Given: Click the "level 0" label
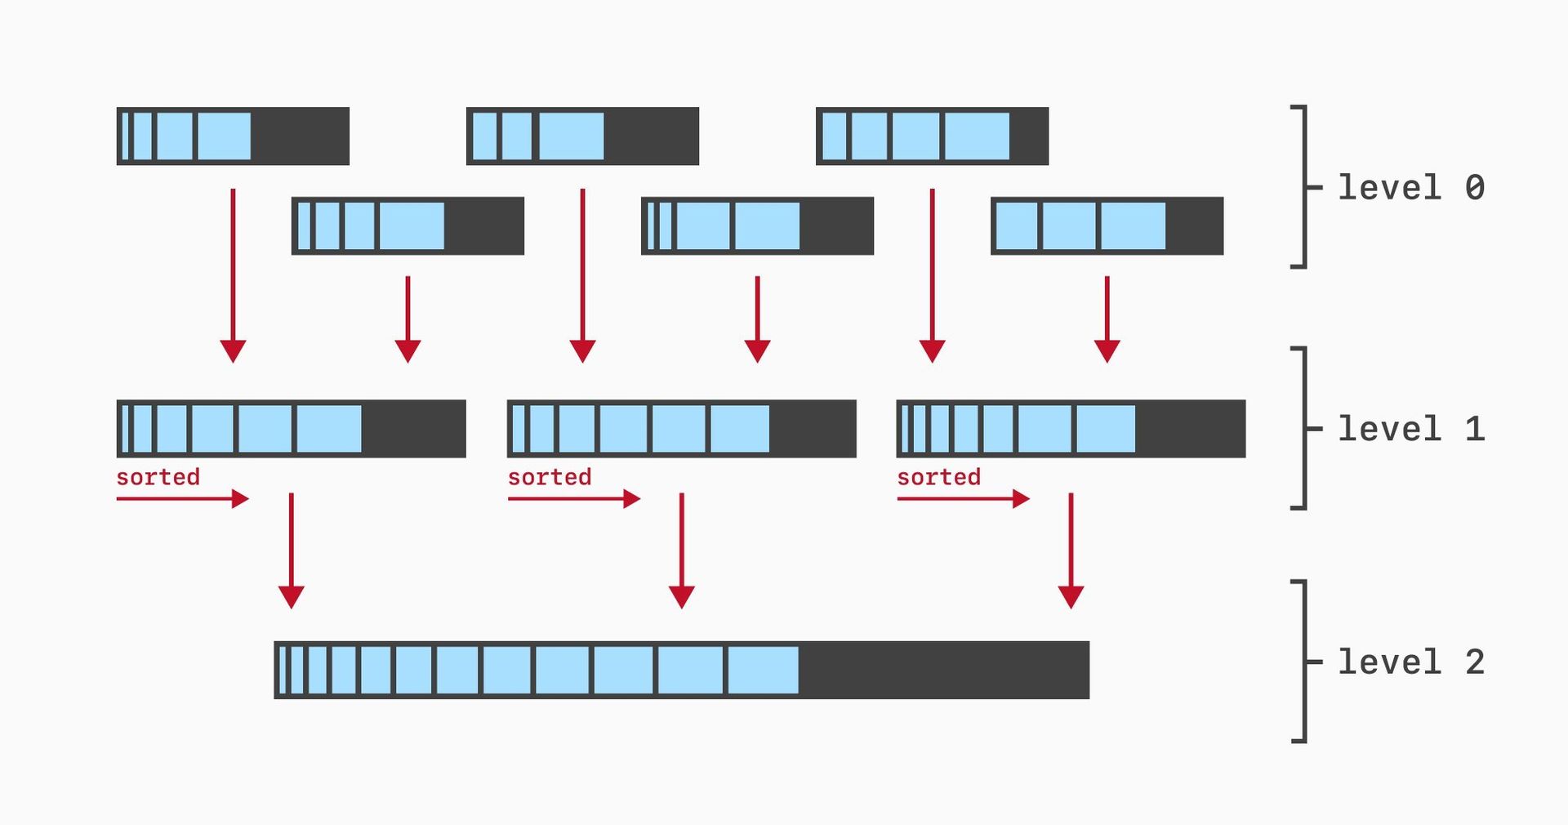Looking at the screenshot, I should [1410, 188].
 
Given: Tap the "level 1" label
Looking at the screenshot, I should [1410, 429].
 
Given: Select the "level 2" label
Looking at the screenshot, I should [1410, 662].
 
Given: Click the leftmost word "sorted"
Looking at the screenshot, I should [158, 477].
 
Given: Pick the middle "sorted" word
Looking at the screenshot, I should [549, 477].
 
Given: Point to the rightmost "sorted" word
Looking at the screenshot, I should [938, 477].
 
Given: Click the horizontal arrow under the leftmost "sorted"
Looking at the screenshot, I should [181, 498].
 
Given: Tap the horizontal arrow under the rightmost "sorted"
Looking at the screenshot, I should [962, 498].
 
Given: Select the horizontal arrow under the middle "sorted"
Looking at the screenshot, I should [573, 498].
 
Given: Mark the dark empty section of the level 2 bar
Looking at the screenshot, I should [943, 670].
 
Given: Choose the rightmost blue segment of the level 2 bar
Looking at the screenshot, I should [762, 670].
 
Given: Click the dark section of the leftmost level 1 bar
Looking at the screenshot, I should [413, 429].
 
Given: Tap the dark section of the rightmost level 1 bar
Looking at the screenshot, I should [1190, 429].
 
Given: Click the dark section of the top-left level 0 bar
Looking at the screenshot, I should [300, 136].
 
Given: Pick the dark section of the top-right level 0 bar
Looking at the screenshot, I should [1028, 136].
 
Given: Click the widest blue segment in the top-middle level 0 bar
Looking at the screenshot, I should [571, 136].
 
